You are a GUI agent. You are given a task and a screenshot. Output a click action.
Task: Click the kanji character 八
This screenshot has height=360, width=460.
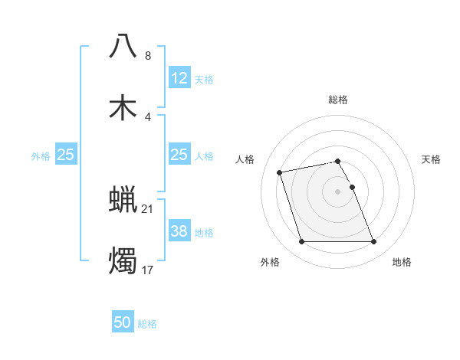click(x=123, y=47)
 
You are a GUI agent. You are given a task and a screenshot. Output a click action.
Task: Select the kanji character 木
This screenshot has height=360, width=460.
click(x=123, y=108)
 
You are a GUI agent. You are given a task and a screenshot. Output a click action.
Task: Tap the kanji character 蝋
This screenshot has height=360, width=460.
click(x=123, y=200)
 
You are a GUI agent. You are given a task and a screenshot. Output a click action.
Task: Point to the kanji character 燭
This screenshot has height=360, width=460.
click(x=123, y=261)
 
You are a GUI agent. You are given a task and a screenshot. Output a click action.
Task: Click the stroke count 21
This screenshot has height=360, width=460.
click(x=148, y=208)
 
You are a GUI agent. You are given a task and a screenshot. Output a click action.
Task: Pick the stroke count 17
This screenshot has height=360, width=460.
click(x=148, y=270)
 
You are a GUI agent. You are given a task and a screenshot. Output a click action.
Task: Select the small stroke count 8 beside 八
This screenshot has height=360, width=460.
click(x=148, y=56)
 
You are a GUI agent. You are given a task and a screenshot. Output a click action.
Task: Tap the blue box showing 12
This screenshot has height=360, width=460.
click(x=179, y=78)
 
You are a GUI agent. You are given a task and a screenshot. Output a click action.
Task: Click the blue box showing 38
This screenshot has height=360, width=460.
click(x=179, y=231)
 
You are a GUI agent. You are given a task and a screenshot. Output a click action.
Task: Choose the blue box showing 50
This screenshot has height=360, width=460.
click(x=123, y=322)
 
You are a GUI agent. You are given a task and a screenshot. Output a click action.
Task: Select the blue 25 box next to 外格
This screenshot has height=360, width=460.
click(x=66, y=155)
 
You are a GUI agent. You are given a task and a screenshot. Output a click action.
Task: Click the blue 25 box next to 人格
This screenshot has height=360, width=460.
click(x=179, y=155)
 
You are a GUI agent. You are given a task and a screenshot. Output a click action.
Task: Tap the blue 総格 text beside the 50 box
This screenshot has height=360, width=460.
click(x=147, y=324)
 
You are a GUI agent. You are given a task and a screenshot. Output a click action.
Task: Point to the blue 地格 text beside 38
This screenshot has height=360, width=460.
click(x=204, y=232)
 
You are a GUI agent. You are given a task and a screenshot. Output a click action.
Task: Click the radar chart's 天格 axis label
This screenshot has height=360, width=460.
click(x=432, y=159)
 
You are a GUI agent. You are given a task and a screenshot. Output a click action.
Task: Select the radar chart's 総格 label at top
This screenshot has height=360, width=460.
click(x=338, y=100)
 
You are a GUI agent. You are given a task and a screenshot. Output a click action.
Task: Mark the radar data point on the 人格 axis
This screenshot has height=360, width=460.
click(x=280, y=172)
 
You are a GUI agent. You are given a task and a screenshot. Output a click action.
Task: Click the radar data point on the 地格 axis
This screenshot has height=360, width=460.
click(x=374, y=242)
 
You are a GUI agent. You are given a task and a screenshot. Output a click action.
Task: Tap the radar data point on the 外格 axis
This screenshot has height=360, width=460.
click(x=301, y=242)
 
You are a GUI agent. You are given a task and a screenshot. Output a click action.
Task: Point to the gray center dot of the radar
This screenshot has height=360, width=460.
click(x=338, y=191)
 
